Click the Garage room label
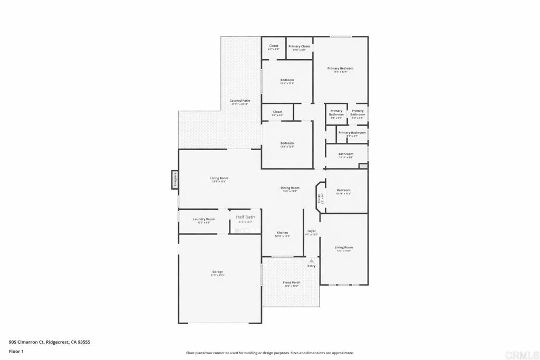tap(217, 272)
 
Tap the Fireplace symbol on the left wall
tap(175, 179)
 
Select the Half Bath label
tap(245, 217)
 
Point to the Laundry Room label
tap(204, 219)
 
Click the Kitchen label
tap(283, 233)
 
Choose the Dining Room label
tap(290, 188)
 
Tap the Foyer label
tap(312, 231)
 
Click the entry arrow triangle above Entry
tap(311, 260)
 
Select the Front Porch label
tap(291, 283)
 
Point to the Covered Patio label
tap(239, 101)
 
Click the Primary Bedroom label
tap(340, 69)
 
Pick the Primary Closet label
tap(299, 46)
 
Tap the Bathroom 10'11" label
tap(346, 154)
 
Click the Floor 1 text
tap(16, 351)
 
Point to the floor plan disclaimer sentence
tap(269, 353)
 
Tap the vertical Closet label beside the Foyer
tap(319, 198)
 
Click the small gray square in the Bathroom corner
tap(363, 166)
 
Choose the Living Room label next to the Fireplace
tap(219, 178)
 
